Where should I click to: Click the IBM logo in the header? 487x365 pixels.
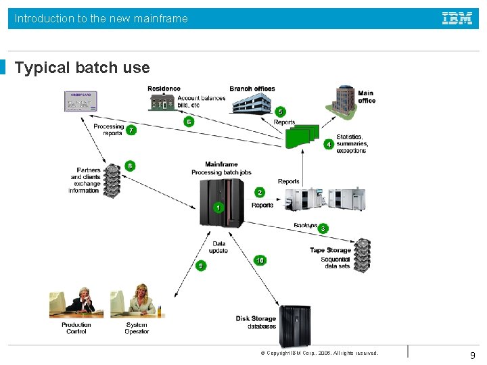click(457, 18)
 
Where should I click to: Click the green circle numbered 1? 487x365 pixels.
click(218, 208)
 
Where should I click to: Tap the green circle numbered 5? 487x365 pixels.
click(280, 112)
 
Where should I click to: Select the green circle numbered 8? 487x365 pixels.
click(130, 166)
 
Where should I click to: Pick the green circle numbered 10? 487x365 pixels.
click(260, 260)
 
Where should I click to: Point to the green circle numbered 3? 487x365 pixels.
click(323, 228)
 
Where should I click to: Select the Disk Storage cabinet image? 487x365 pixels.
click(296, 326)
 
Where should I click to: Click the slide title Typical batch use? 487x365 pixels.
click(83, 68)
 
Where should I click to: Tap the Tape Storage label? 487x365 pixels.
click(330, 250)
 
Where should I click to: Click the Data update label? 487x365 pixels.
click(218, 247)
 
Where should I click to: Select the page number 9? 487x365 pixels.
click(472, 355)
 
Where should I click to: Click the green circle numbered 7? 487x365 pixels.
click(131, 130)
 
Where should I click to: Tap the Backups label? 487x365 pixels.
click(305, 226)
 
